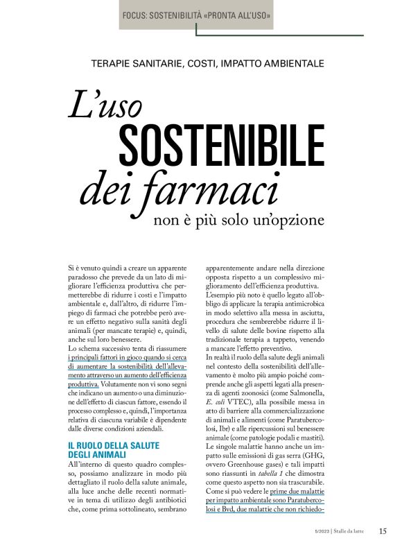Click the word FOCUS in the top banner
(x=138, y=14)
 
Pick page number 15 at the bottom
(x=383, y=531)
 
